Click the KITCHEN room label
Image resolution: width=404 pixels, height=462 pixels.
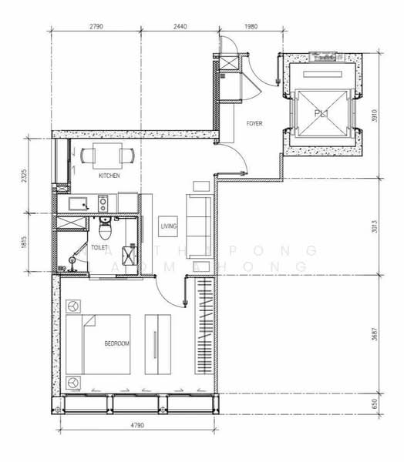[x=109, y=176]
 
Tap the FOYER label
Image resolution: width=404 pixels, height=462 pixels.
[x=254, y=123]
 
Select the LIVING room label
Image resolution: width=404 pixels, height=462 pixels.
[x=169, y=226]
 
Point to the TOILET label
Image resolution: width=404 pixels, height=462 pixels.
[x=100, y=249]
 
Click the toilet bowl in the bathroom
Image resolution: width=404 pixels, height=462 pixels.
[x=106, y=228]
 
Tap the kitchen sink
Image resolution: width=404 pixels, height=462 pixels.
[x=78, y=204]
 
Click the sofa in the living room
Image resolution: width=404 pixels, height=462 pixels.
[x=200, y=218]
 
